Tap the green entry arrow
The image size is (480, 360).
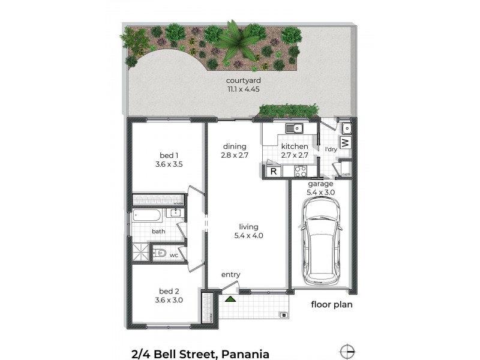[x=230, y=298]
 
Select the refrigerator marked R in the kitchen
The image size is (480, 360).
[x=273, y=172]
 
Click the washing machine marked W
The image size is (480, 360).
[x=345, y=143]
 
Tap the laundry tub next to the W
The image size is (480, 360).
[x=346, y=128]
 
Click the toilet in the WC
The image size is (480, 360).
[x=160, y=254]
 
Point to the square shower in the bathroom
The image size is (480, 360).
[x=140, y=254]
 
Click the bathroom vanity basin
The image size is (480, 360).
[x=176, y=214]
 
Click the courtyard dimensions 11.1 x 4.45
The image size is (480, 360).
[x=242, y=90]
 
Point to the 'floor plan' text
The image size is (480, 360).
[x=331, y=304]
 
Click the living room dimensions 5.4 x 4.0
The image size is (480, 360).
[x=248, y=236]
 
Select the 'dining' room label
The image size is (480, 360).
[x=234, y=146]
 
